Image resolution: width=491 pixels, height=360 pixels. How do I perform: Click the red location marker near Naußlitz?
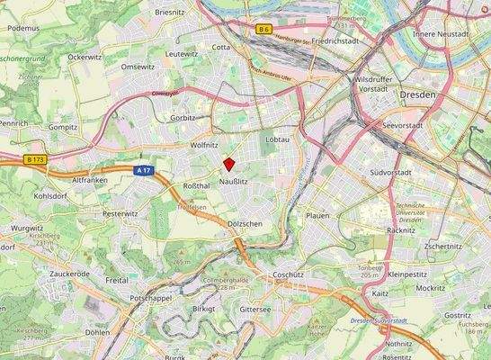click(x=228, y=164)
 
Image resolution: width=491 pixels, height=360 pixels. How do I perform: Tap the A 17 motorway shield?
click(x=141, y=169)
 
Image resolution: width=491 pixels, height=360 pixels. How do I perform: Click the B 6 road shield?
click(x=263, y=30)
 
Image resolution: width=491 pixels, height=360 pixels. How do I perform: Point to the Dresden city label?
click(x=415, y=94)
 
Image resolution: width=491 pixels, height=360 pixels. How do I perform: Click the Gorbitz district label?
click(x=183, y=118)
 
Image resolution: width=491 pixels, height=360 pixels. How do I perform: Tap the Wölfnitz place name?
click(x=204, y=144)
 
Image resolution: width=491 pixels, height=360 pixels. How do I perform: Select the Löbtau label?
click(x=278, y=139)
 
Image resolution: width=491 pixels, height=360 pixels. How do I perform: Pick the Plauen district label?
click(x=317, y=216)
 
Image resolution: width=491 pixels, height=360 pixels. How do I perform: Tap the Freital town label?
click(x=117, y=280)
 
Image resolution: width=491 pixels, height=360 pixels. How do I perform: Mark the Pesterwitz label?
click(x=118, y=214)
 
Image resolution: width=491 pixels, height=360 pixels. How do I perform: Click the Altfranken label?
click(x=89, y=180)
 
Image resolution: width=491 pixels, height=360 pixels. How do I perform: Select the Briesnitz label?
click(x=170, y=12)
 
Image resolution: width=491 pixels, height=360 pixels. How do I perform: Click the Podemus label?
click(x=23, y=28)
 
